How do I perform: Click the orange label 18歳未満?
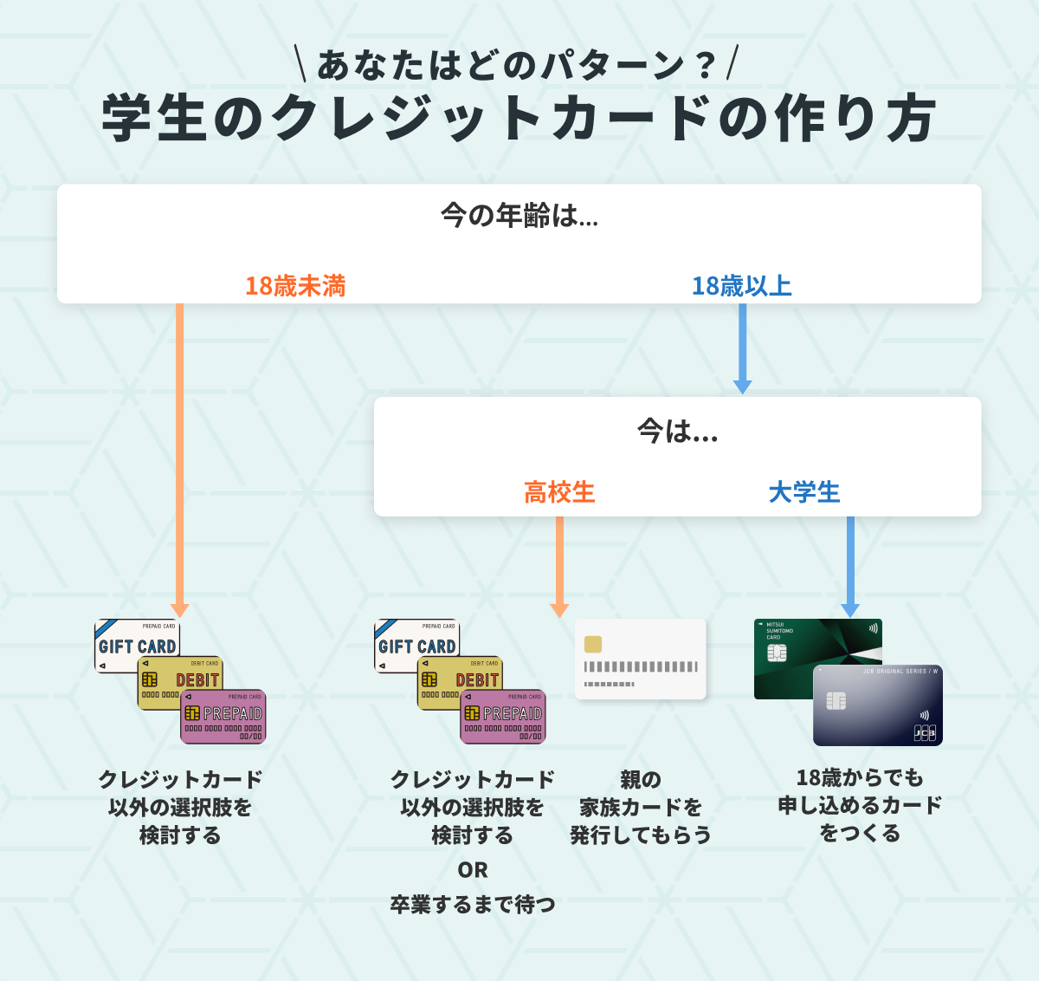pos(295,286)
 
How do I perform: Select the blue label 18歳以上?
pos(741,286)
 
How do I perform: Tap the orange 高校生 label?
pos(559,492)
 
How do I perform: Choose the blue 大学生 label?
pos(804,492)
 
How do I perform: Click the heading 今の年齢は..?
pos(519,215)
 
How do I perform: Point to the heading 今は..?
pos(677,431)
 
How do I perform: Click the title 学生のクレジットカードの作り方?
pos(519,119)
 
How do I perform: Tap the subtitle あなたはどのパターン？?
pos(518,65)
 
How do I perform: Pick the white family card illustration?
pos(641,659)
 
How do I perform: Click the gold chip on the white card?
pos(593,644)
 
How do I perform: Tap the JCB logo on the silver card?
pos(925,733)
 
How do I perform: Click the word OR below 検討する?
pos(473,870)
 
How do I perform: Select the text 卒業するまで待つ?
pos(473,905)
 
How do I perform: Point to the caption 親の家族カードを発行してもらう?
pos(641,807)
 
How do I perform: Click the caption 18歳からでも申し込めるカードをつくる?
pos(860,805)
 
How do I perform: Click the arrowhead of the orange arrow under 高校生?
pos(559,610)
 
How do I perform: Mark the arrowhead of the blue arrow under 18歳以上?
pos(742,386)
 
